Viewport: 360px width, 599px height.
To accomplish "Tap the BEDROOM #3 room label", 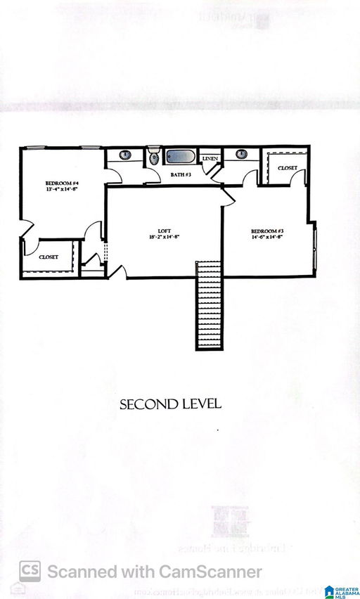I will (268, 231).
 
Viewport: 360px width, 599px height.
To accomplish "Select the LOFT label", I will (165, 230).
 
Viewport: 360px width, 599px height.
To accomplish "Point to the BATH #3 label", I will (182, 174).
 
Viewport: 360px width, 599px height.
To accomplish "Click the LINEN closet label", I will (210, 159).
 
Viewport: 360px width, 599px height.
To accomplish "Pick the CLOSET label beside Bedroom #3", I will (287, 168).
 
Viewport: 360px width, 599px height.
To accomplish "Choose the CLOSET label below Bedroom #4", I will (49, 257).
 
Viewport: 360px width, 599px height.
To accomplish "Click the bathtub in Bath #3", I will (182, 157).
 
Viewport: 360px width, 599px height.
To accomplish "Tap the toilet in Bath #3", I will (154, 157).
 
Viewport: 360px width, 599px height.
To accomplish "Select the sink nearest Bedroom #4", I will (124, 155).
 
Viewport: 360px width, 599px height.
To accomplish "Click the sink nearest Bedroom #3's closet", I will (241, 154).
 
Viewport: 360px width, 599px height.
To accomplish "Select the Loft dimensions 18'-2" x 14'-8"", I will (165, 237).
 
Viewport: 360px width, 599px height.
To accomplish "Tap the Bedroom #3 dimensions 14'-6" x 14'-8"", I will (268, 238).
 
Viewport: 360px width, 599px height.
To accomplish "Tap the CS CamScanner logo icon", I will (30, 571).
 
